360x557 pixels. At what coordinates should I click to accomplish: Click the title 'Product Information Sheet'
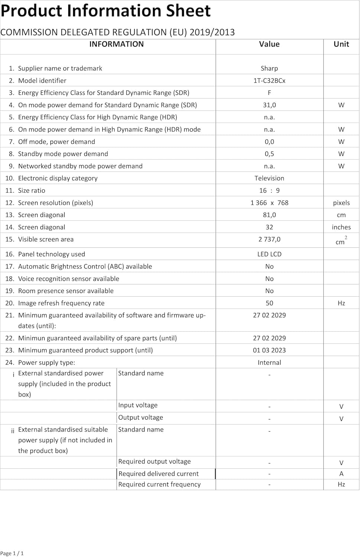[x=106, y=11]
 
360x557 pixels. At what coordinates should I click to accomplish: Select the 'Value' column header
[x=269, y=44]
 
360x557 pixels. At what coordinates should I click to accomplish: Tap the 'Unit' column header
[x=341, y=44]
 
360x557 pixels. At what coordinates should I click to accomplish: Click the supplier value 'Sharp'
[x=269, y=68]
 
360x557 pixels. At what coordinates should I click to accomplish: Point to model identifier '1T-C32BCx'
[x=269, y=81]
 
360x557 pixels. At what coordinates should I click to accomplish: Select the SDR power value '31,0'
[x=269, y=105]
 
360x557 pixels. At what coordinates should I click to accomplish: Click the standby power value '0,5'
[x=269, y=154]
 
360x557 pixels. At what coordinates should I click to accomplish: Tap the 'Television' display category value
[x=269, y=178]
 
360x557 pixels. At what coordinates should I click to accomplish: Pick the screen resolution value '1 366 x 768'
[x=269, y=203]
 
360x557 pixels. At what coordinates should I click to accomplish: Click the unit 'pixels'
[x=341, y=203]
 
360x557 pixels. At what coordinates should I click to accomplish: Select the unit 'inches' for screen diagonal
[x=341, y=227]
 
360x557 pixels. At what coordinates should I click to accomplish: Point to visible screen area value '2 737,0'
[x=269, y=240]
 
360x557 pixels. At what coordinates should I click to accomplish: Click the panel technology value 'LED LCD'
[x=269, y=254]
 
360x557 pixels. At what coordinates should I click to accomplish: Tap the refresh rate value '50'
[x=269, y=303]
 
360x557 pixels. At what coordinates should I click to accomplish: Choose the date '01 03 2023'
[x=269, y=350]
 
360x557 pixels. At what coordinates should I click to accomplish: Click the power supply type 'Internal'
[x=269, y=362]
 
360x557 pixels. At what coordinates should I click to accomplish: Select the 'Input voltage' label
[x=138, y=405]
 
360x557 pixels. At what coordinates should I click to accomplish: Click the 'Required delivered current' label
[x=158, y=473]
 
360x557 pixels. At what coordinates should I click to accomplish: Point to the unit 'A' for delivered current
[x=341, y=473]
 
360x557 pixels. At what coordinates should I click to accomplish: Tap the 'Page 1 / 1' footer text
[x=12, y=553]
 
